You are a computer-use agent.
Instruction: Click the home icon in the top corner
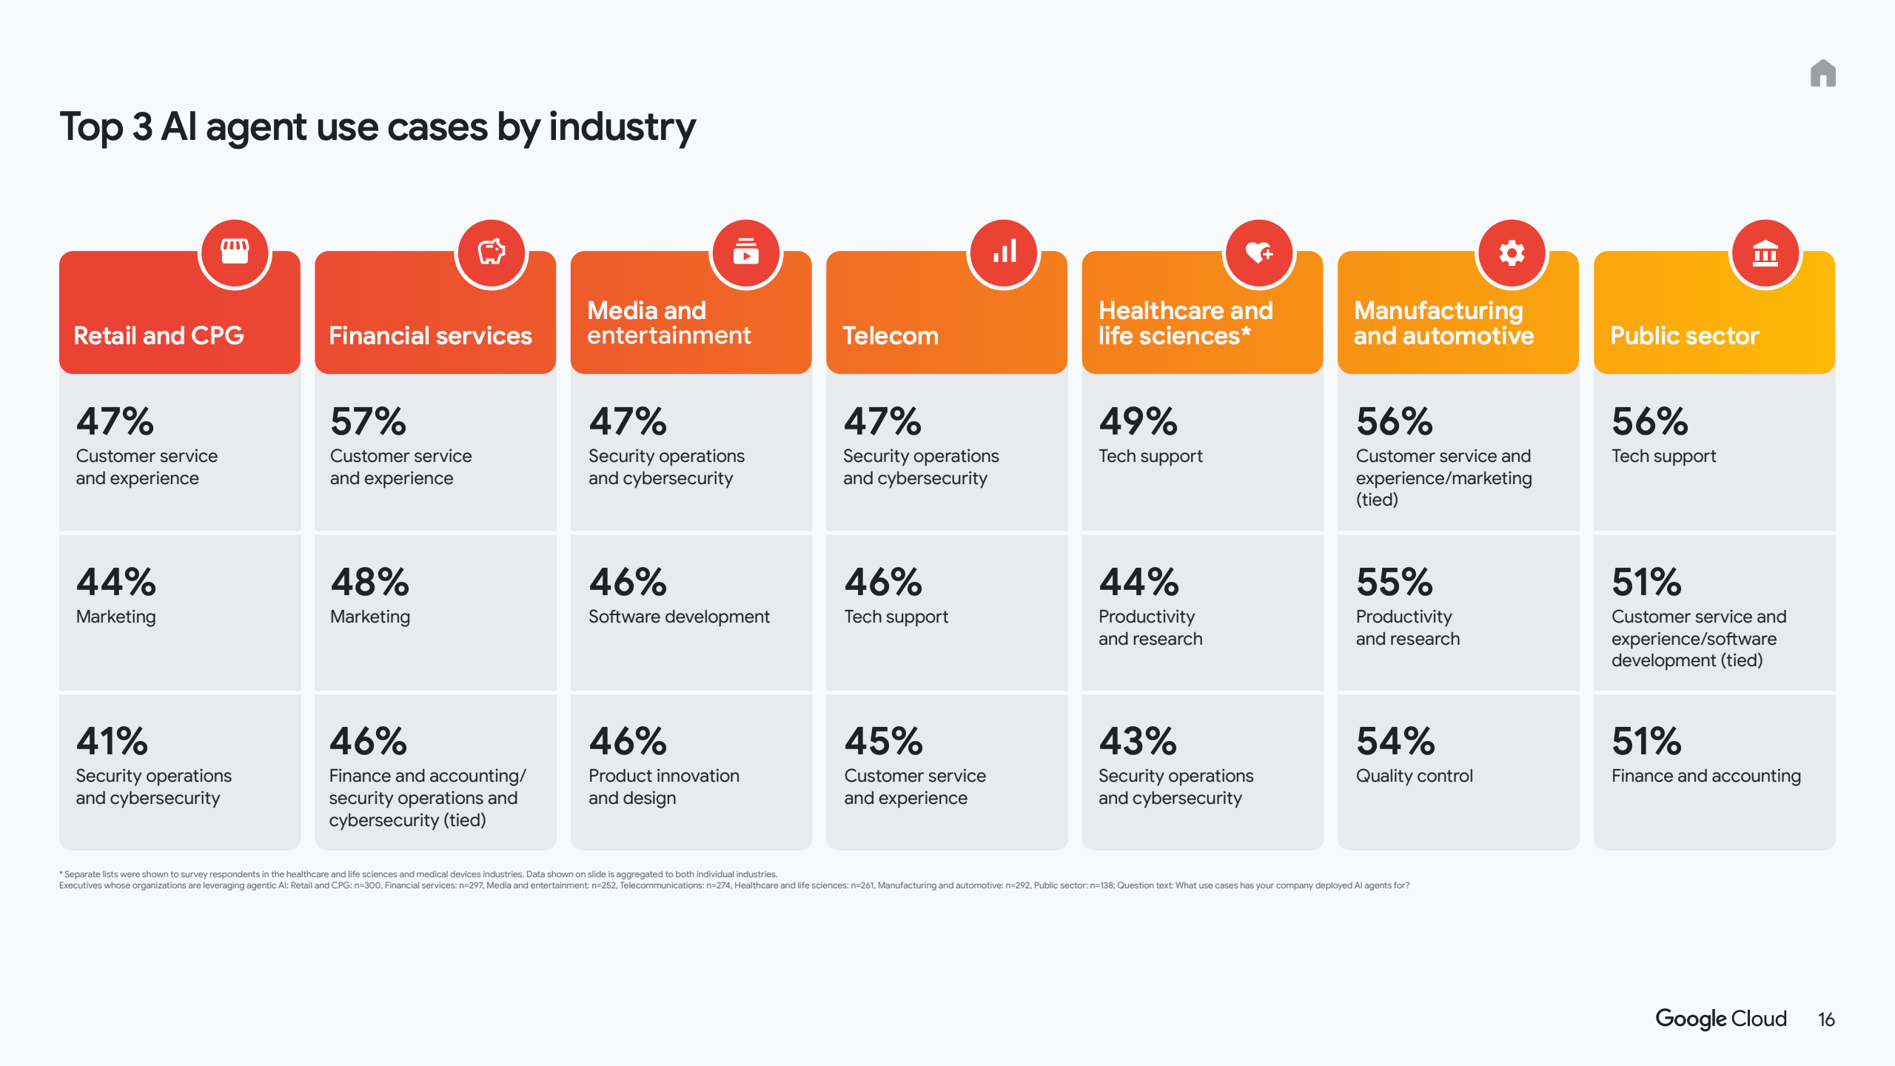[x=1822, y=73]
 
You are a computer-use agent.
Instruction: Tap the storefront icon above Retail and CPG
[x=235, y=252]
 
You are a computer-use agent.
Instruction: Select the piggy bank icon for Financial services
[x=491, y=252]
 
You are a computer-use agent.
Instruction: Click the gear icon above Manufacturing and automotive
[x=1512, y=253]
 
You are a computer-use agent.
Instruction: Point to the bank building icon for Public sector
[x=1765, y=253]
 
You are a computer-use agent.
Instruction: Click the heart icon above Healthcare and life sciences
[x=1258, y=253]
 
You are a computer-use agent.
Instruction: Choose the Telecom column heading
[x=891, y=336]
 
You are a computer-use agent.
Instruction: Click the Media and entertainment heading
[x=668, y=323]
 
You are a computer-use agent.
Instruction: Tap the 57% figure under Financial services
[x=368, y=422]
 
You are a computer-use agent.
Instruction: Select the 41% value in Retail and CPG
[x=113, y=742]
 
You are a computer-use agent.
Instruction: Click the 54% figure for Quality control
[x=1395, y=742]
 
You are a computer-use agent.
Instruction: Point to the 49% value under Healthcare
[x=1138, y=422]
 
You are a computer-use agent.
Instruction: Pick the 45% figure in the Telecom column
[x=883, y=742]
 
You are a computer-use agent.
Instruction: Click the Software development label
[x=679, y=617]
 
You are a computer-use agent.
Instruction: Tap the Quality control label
[x=1414, y=776]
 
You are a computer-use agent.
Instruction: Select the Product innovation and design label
[x=663, y=787]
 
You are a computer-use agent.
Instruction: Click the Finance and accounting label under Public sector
[x=1705, y=776]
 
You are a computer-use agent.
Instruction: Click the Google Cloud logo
[x=1720, y=1019]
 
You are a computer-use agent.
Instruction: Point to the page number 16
[x=1826, y=1020]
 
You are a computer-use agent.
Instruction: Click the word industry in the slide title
[x=622, y=127]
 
